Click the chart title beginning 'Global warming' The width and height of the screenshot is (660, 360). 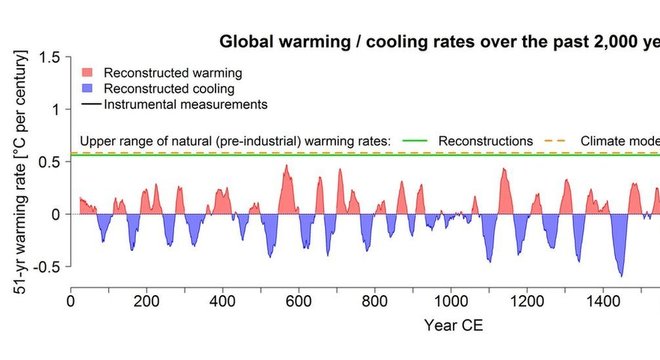pos(439,42)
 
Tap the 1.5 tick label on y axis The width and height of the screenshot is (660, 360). pos(47,57)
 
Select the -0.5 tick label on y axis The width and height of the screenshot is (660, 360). pos(45,266)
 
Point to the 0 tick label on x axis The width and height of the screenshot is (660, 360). pos(71,300)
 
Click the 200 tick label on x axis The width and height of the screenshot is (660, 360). pos(147,300)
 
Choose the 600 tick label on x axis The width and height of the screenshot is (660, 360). pos(298,300)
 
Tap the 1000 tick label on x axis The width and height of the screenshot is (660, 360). pos(450,300)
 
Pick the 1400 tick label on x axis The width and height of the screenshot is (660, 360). pos(602,300)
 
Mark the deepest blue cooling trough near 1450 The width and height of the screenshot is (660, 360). pos(621,274)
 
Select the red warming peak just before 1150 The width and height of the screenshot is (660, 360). pos(504,170)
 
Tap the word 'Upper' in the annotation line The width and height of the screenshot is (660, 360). pos(98,140)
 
